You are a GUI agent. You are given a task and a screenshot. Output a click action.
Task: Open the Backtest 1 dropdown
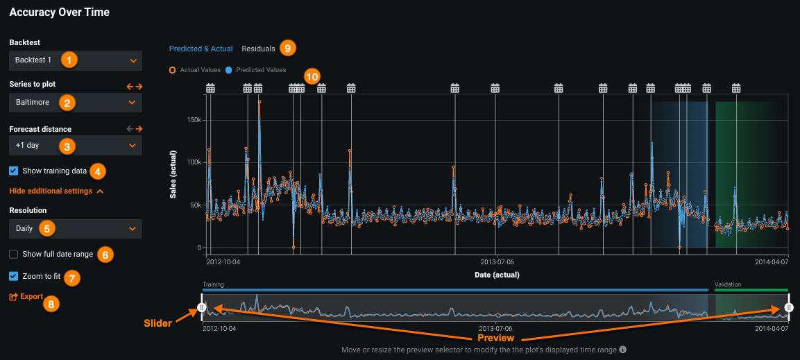(x=76, y=60)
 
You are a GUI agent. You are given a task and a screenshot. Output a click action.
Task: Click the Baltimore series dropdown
(x=76, y=103)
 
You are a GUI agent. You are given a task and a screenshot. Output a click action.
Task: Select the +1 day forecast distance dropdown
(x=76, y=146)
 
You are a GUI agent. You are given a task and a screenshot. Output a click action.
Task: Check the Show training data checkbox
(x=14, y=171)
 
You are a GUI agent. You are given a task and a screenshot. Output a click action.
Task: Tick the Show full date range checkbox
(x=14, y=255)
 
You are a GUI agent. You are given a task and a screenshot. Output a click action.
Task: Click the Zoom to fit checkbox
(x=14, y=276)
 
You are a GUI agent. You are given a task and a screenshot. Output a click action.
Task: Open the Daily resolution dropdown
(x=76, y=229)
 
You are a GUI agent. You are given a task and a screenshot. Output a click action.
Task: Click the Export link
(x=26, y=297)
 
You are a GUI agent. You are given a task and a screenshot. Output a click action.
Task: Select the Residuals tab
(x=258, y=49)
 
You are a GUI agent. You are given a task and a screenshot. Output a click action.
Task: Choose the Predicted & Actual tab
(x=201, y=49)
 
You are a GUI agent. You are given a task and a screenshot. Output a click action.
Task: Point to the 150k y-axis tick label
(x=194, y=120)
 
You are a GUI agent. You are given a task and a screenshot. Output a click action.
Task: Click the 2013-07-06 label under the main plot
(x=497, y=263)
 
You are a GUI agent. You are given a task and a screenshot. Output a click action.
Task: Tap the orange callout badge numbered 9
(x=287, y=48)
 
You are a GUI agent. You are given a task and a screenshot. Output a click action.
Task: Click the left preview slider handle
(x=201, y=307)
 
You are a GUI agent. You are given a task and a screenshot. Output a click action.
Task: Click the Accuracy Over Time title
(x=59, y=12)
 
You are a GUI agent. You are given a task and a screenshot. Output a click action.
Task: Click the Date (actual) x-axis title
(x=496, y=275)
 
